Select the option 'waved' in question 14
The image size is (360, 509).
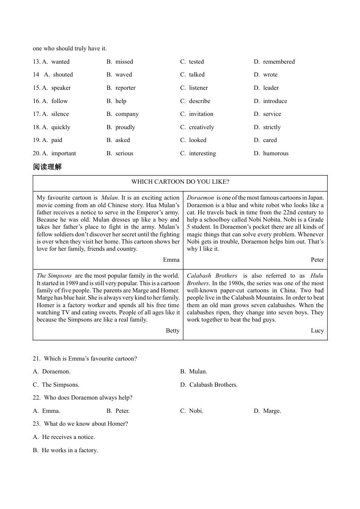click(x=124, y=75)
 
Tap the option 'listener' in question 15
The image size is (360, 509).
click(x=198, y=88)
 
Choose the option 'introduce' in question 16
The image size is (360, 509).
click(x=275, y=101)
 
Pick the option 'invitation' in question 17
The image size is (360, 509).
click(x=201, y=114)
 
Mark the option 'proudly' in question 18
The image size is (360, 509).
click(x=125, y=127)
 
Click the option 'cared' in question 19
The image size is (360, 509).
click(x=270, y=140)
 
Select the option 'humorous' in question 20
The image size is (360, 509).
click(x=275, y=153)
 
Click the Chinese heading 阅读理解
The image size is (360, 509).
click(x=47, y=167)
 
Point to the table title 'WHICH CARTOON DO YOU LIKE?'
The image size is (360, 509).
click(x=180, y=182)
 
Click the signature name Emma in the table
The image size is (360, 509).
click(x=171, y=260)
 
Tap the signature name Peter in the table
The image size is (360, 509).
click(x=317, y=260)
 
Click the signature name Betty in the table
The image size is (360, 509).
click(x=172, y=331)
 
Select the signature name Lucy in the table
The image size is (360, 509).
click(x=317, y=331)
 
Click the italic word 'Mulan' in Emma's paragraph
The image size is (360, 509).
click(x=110, y=198)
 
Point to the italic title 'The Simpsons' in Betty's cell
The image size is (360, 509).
click(x=54, y=276)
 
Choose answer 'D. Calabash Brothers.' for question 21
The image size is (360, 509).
click(x=209, y=385)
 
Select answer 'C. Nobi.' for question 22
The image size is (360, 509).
click(x=192, y=411)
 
